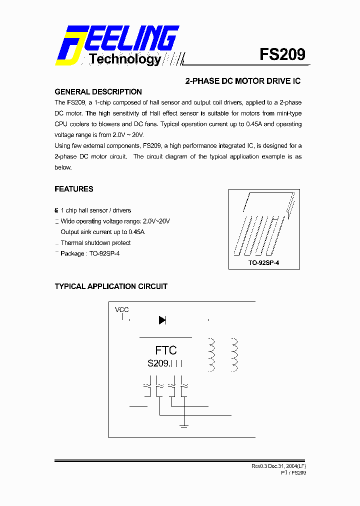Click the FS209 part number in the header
(282, 54)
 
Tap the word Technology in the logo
(125, 59)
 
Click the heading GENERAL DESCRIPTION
(98, 92)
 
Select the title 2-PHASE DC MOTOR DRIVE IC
(242, 81)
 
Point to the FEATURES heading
(74, 189)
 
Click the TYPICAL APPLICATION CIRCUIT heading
(111, 286)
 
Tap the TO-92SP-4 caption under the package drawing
(263, 262)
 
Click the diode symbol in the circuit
(162, 320)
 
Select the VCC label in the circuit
(122, 310)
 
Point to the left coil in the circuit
(211, 355)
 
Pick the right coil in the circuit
(234, 355)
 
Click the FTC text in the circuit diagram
(166, 350)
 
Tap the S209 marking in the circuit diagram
(159, 363)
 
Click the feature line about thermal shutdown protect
(95, 243)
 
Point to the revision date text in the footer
(278, 466)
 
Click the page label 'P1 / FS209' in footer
(293, 472)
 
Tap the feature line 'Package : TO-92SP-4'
(90, 253)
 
